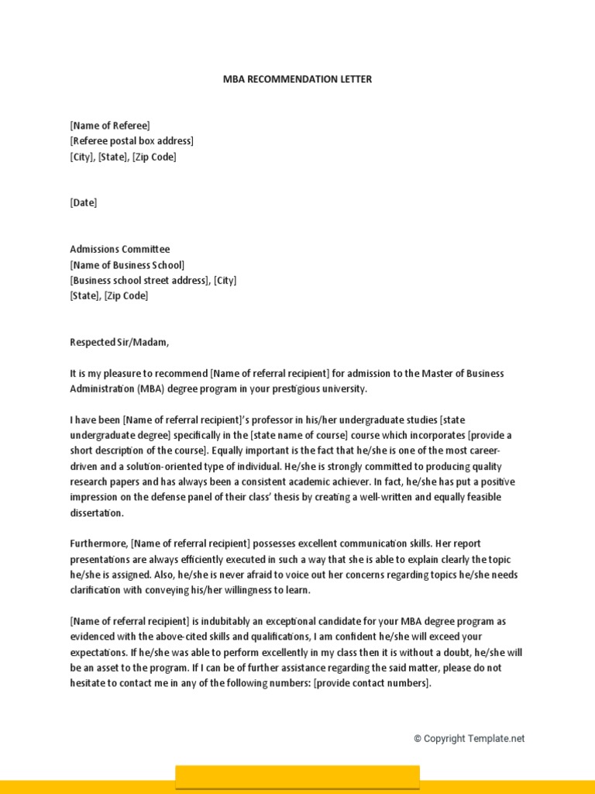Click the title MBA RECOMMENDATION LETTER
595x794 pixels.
point(297,79)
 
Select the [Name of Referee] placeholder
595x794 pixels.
point(110,126)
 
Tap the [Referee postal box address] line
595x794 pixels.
point(132,141)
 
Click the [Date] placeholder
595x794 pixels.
point(84,203)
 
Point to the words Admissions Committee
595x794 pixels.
point(119,250)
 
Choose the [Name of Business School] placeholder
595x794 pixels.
point(127,265)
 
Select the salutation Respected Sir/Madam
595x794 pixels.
point(119,343)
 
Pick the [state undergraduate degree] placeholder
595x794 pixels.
point(136,435)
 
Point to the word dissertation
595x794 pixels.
point(96,513)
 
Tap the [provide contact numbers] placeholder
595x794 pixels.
point(370,683)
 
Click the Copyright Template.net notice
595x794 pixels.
point(469,739)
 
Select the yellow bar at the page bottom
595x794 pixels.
point(297,778)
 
